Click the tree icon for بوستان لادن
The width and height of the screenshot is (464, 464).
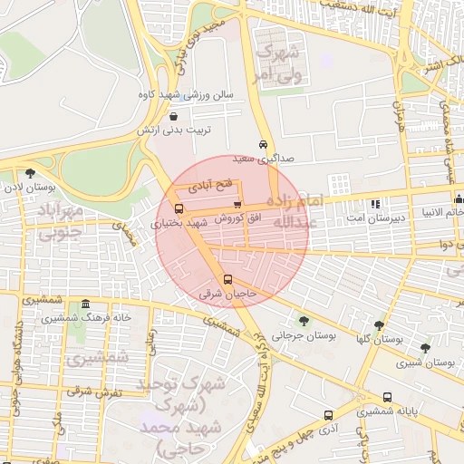[x=31, y=172]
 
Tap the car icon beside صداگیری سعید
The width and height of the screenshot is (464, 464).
[x=263, y=144]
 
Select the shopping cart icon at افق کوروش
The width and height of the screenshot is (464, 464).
[x=237, y=205]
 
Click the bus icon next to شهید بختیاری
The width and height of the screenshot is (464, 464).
[x=178, y=208]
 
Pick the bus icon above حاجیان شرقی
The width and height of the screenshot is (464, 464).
[x=227, y=279]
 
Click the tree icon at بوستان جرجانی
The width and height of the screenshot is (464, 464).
[x=303, y=320]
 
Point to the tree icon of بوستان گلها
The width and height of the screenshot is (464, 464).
[x=379, y=324]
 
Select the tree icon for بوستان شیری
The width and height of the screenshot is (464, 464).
[x=425, y=347]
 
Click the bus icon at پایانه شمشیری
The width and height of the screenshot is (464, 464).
[x=388, y=397]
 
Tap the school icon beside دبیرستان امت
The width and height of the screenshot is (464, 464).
[x=376, y=202]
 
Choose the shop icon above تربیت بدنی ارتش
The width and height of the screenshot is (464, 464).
[x=173, y=116]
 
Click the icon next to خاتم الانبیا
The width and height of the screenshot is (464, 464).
[x=459, y=199]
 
